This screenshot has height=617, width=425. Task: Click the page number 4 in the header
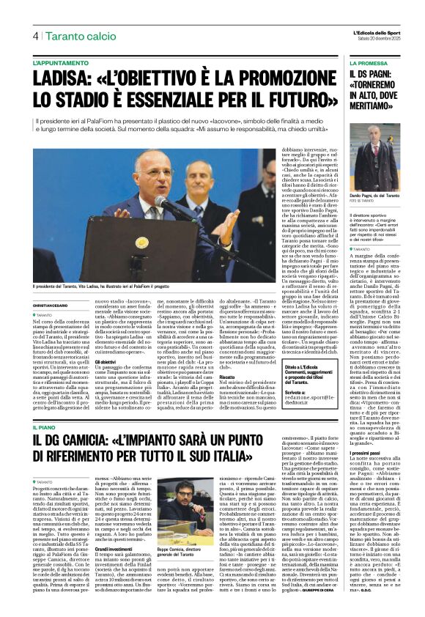pyautogui.click(x=35, y=35)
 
